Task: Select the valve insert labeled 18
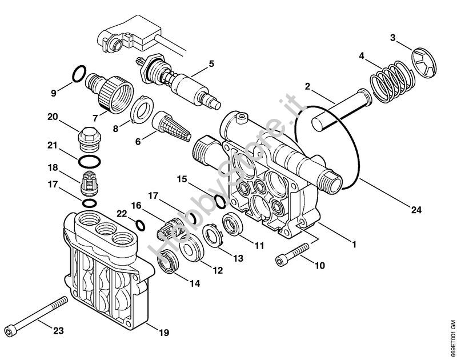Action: [x=89, y=182]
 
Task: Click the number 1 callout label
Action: [x=354, y=245]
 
